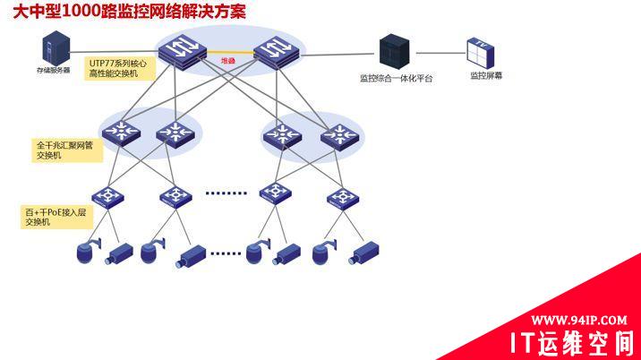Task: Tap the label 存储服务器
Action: coord(54,69)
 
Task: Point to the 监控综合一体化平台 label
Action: coord(396,79)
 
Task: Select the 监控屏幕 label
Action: coord(486,76)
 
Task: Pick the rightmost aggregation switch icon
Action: coord(338,135)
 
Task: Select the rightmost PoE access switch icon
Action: coord(339,196)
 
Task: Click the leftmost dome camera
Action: coord(87,252)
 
